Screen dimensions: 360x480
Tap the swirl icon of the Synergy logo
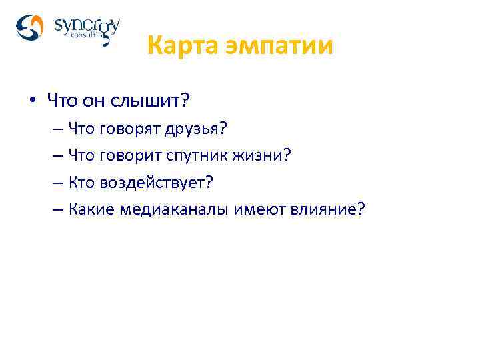coord(29,28)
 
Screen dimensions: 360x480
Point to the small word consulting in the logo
coord(87,39)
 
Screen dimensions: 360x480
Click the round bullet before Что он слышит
coord(32,101)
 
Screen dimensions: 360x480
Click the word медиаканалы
coord(176,209)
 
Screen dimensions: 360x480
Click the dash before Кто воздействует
coord(55,182)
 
